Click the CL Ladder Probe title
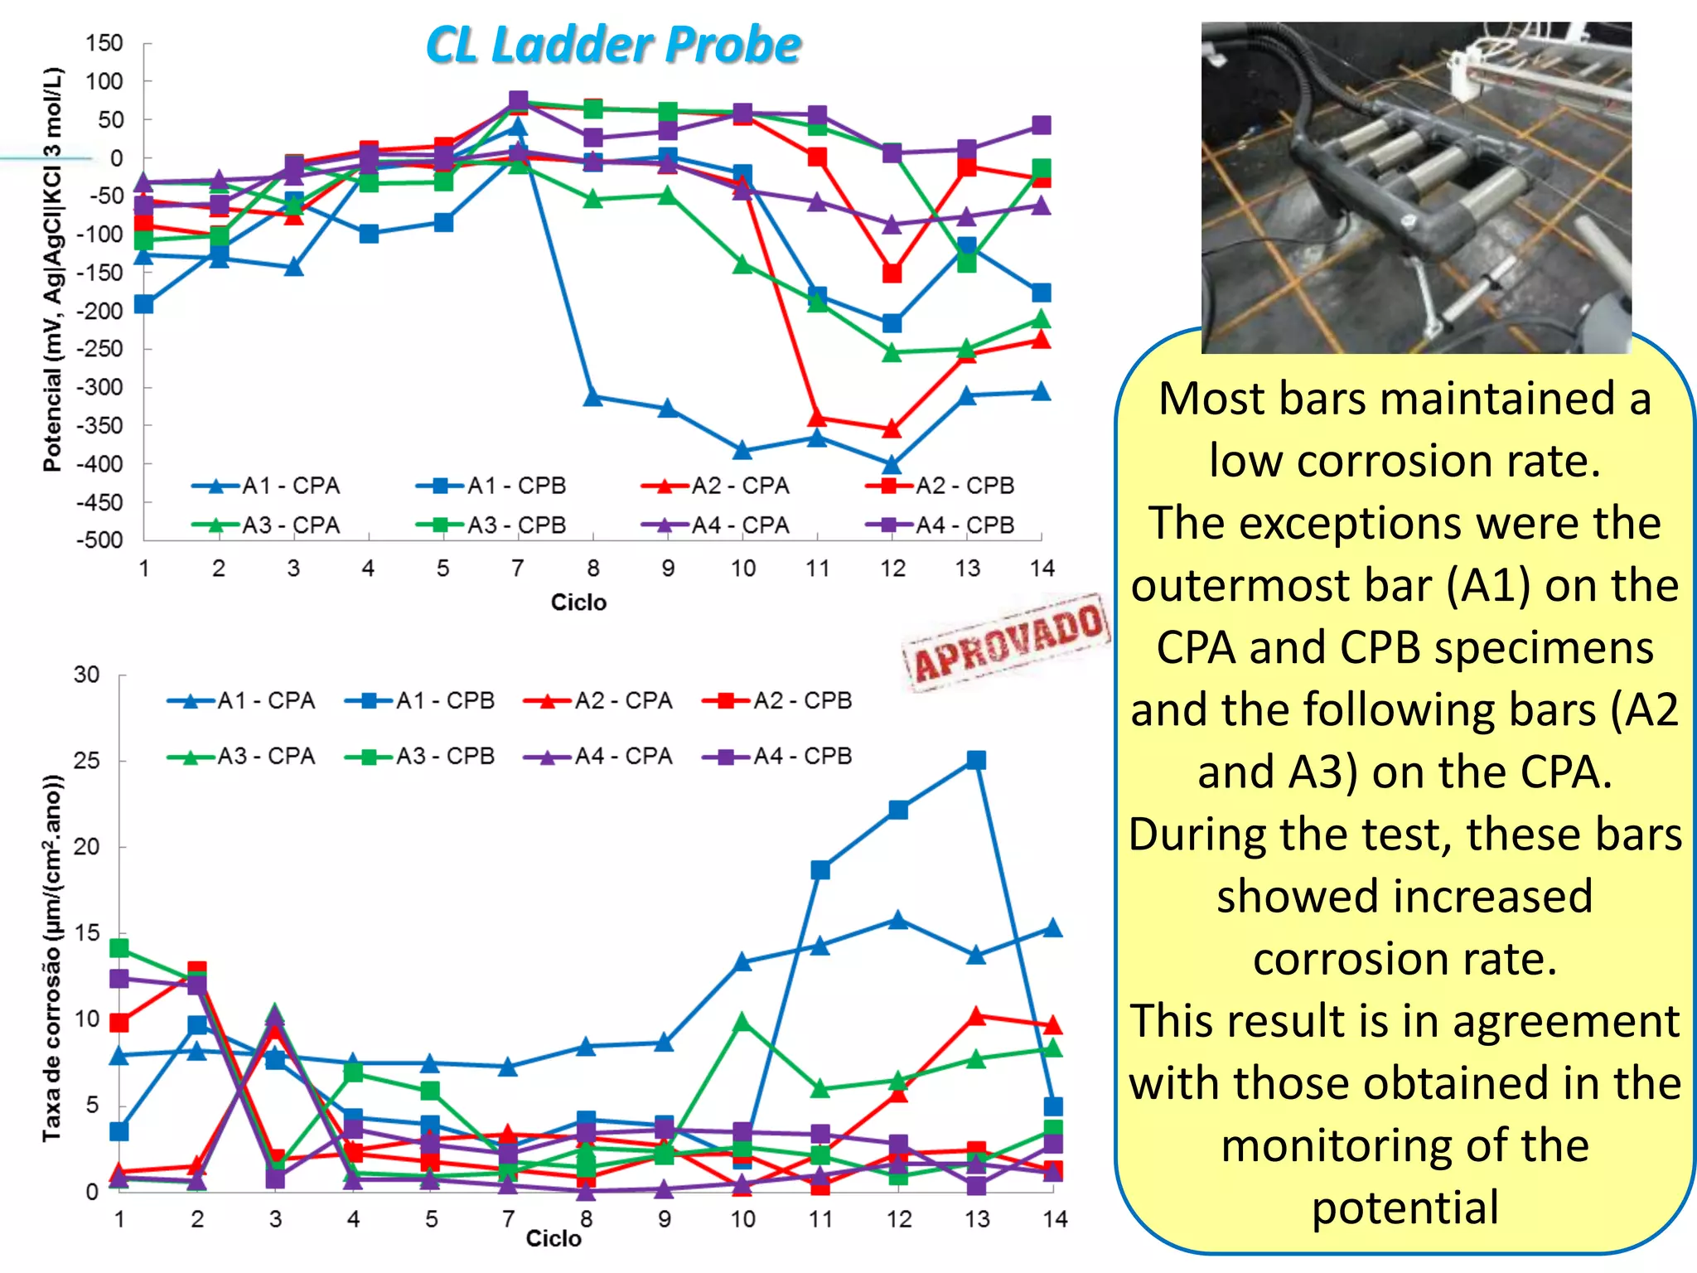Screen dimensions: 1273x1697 [x=613, y=45]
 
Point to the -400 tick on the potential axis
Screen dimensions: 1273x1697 [x=100, y=464]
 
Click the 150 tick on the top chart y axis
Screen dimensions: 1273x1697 [x=104, y=43]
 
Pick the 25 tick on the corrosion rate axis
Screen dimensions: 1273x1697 [x=86, y=761]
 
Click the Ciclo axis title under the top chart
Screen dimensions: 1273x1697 [x=578, y=603]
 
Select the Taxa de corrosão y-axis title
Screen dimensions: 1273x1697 [x=52, y=957]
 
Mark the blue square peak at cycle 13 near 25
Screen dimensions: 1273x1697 [x=976, y=761]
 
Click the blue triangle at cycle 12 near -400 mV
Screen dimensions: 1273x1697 [x=892, y=465]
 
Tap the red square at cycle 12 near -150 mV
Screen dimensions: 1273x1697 [x=892, y=273]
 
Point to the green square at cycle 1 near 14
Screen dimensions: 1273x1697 [x=119, y=947]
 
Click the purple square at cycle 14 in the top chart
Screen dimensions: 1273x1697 [x=1042, y=125]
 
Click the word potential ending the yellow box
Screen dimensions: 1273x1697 [x=1405, y=1208]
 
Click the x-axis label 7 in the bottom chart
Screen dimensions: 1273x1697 [x=508, y=1219]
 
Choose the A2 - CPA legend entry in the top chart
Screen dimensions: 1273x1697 [x=717, y=486]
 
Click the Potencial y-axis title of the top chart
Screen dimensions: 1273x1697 [x=52, y=269]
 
